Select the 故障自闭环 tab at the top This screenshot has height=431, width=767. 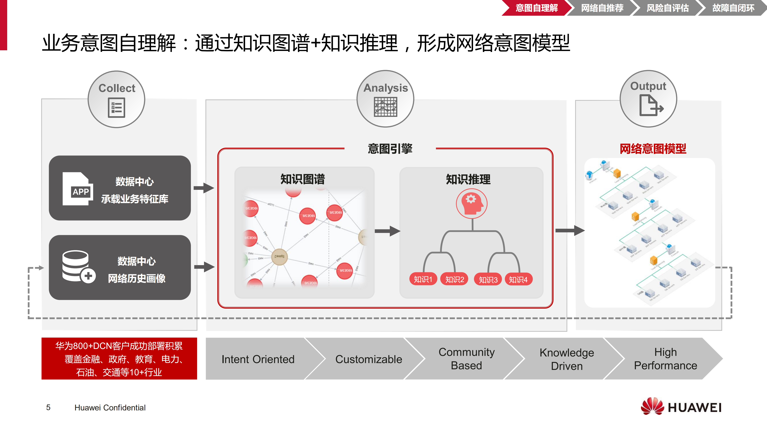733,8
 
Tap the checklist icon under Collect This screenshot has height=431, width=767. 116,108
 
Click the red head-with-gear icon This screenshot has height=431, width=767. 472,204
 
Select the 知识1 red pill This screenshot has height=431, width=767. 423,279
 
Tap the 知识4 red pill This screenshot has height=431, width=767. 518,279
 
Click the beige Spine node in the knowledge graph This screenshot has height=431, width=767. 279,257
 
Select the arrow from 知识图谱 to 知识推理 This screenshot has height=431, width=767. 387,231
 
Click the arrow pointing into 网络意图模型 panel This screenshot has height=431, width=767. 569,230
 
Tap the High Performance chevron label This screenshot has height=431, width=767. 666,359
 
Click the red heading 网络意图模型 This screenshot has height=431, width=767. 653,149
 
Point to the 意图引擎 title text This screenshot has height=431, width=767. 390,149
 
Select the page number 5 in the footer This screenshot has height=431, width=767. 48,407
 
